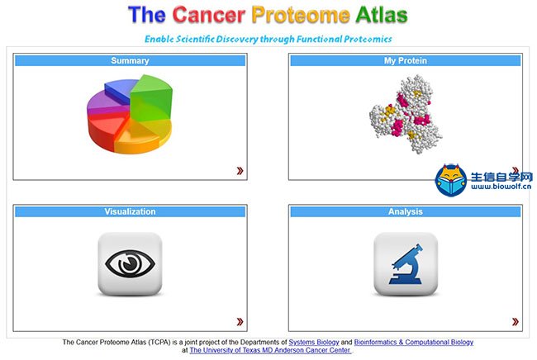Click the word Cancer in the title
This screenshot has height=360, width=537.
coord(208,15)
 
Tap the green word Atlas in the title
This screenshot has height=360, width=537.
coord(381,15)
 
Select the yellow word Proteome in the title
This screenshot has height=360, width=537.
coord(301,15)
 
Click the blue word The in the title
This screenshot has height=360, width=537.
coord(147,15)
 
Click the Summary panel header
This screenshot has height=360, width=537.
coord(131,60)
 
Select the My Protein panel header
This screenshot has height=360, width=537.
coord(406,60)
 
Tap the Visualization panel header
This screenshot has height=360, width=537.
coord(131,211)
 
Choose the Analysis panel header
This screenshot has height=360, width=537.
coord(406,211)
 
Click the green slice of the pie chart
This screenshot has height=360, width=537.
coord(151,97)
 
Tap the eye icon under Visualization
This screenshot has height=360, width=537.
coord(131,263)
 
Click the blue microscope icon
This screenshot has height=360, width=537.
coord(406,264)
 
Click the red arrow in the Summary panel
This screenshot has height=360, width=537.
coord(240,170)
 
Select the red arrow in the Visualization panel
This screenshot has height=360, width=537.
coord(240,321)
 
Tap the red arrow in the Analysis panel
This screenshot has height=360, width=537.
coord(516,321)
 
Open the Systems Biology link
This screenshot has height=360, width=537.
coord(314,342)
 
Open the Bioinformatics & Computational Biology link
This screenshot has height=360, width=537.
coord(414,342)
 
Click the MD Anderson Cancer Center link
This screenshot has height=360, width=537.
coord(270,350)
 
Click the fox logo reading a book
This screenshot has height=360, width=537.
coord(451,180)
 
